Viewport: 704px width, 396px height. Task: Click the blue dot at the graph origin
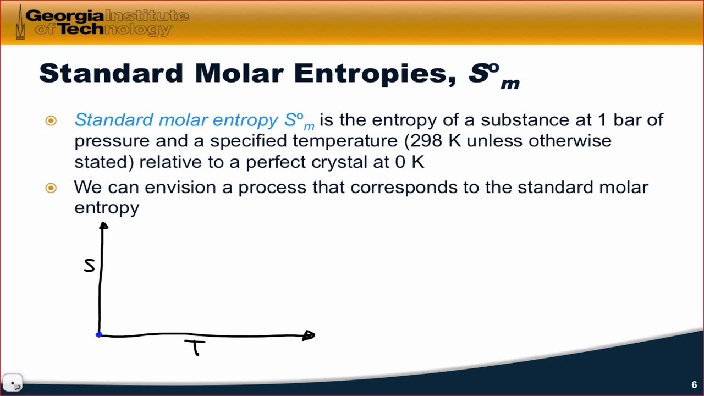pos(98,335)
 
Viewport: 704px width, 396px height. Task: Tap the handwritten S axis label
pos(89,266)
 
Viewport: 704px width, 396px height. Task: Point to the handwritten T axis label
pos(195,348)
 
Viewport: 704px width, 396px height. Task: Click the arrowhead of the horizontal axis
pos(309,335)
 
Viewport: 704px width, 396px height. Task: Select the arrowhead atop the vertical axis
pos(103,226)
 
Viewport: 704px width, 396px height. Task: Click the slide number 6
pos(694,384)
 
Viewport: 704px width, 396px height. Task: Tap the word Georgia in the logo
pos(65,16)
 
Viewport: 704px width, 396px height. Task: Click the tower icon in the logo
pos(20,22)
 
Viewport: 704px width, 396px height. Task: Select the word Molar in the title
pos(239,74)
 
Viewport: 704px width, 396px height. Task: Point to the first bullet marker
pos(51,120)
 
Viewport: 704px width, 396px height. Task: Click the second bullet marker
pos(51,188)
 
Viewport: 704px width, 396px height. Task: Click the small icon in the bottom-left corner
pos(13,382)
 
